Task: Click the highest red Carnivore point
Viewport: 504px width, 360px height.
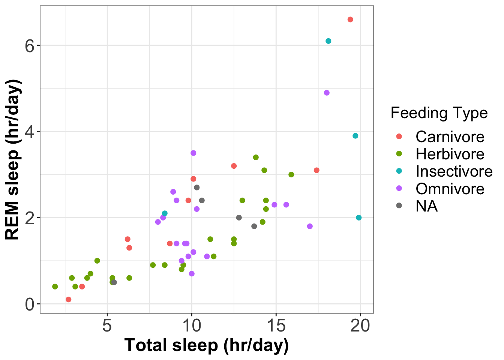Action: coord(350,19)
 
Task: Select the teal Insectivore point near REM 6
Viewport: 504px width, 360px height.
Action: coord(328,41)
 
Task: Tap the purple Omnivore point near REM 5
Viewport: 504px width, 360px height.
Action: coord(327,93)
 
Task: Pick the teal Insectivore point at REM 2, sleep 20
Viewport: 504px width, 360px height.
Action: coord(359,217)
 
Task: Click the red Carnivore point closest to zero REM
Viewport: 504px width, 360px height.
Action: coord(68,299)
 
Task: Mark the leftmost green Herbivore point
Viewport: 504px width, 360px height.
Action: coord(55,286)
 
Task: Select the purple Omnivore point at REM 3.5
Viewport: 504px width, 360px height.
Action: coord(193,153)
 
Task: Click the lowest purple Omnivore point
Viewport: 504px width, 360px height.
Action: coord(192,273)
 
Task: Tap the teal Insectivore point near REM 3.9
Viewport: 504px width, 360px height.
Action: coord(355,136)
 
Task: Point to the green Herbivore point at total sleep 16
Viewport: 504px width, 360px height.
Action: coord(291,174)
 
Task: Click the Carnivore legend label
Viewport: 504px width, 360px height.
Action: coord(450,137)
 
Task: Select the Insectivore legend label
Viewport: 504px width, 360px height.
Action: coord(454,171)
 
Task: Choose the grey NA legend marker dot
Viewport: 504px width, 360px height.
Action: coord(399,205)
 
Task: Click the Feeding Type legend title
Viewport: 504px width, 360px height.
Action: coord(439,113)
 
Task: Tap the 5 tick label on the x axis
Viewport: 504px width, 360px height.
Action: coord(107,325)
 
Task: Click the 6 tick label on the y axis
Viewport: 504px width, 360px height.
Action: coord(30,45)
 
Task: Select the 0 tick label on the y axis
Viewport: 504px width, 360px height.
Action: coord(30,304)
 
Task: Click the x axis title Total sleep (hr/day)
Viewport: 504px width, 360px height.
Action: coord(207,345)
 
